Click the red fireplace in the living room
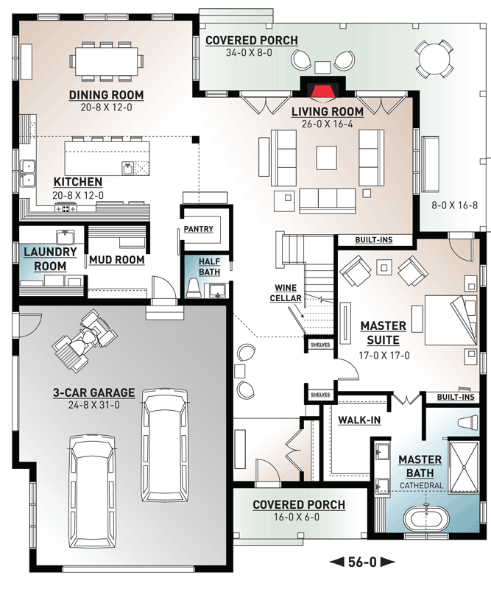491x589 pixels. [322, 94]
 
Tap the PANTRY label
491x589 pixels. [198, 229]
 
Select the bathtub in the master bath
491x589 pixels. [426, 519]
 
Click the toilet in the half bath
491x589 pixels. [193, 288]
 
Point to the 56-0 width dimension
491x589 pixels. [362, 562]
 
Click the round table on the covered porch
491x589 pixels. [434, 59]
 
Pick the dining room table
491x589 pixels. [106, 61]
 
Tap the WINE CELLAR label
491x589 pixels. [286, 293]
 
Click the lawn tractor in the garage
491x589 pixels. [85, 340]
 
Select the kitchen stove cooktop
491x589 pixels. [66, 208]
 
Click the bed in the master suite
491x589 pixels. [451, 320]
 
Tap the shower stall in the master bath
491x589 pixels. [464, 467]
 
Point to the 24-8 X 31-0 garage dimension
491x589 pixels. [94, 405]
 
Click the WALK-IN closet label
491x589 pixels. [359, 420]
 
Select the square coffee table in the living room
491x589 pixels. [326, 158]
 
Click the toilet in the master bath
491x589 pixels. [468, 422]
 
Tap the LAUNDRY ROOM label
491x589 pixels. [50, 259]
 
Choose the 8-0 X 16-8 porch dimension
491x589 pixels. [454, 205]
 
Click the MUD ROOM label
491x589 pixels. [117, 260]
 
